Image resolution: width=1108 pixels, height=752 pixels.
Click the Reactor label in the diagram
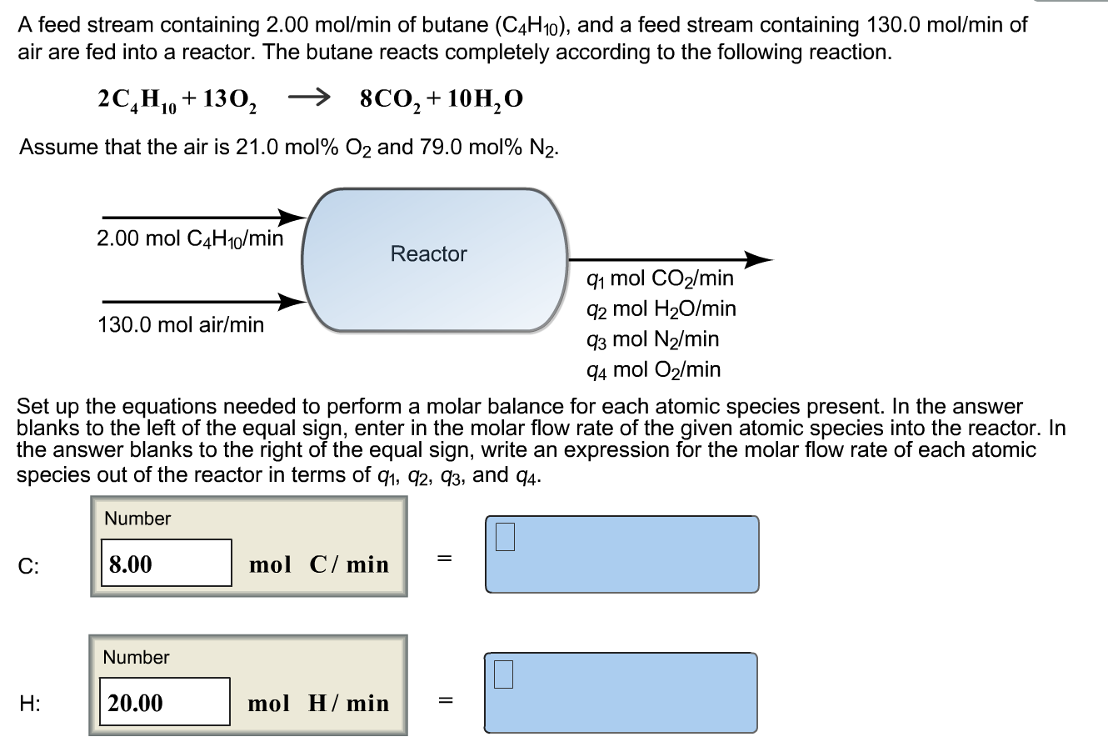pos(429,254)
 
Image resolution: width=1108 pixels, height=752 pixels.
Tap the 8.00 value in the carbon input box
pos(131,564)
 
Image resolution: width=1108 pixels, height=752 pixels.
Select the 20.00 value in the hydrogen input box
pos(136,703)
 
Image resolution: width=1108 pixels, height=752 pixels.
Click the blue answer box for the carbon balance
pos(621,554)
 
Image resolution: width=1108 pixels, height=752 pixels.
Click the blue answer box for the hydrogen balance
pos(621,693)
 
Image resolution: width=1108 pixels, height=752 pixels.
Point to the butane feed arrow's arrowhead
pos(292,218)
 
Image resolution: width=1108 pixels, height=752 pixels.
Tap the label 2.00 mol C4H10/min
pos(190,239)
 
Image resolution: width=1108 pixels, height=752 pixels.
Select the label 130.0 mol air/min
pos(181,324)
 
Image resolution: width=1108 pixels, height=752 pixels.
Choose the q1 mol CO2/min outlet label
pos(660,278)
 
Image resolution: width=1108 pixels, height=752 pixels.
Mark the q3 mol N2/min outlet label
pos(653,339)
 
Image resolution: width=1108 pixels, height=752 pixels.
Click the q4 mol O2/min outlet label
pos(654,369)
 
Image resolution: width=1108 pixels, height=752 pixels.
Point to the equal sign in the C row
pos(445,559)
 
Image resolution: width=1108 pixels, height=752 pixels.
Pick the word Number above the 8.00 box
pos(137,519)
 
